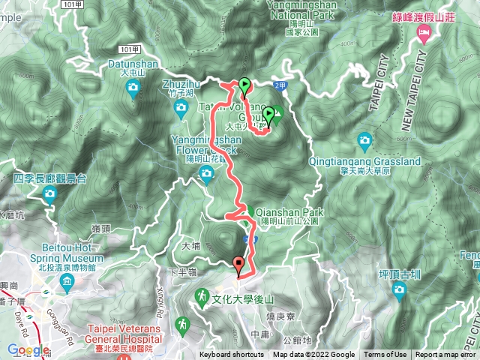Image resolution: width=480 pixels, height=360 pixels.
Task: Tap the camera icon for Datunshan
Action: pyautogui.click(x=133, y=90)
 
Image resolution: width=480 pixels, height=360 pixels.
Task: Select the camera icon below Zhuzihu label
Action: pyautogui.click(x=180, y=109)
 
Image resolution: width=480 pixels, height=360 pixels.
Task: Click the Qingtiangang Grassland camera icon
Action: pyautogui.click(x=364, y=140)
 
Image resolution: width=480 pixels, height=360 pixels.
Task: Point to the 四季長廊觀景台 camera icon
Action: pyautogui.click(x=50, y=195)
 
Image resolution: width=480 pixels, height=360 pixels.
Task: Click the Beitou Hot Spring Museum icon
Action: pyautogui.click(x=67, y=283)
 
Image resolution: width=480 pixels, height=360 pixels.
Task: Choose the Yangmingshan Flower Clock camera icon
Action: pyautogui.click(x=206, y=175)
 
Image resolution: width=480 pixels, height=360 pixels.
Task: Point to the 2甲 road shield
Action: pyautogui.click(x=280, y=87)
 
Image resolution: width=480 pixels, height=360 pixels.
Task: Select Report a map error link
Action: pyautogui.click(x=447, y=355)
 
